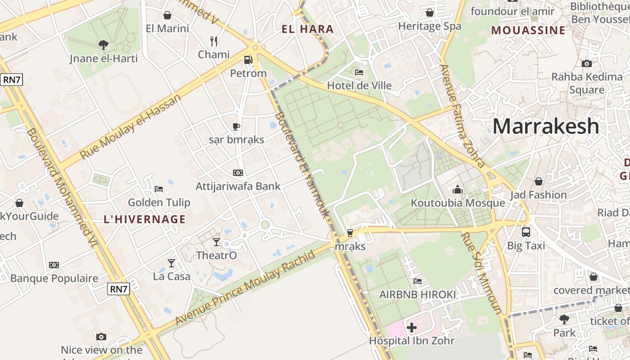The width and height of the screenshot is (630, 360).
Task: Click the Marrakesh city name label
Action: click(545, 126)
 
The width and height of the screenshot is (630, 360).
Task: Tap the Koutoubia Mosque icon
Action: click(458, 189)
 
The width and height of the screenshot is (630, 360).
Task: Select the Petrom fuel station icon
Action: click(248, 59)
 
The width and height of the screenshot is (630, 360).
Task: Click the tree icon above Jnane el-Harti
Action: click(103, 45)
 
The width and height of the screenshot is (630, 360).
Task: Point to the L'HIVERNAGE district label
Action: click(144, 220)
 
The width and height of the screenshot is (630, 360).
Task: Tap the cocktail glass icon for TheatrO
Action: click(216, 242)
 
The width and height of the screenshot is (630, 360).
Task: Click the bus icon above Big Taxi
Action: click(526, 232)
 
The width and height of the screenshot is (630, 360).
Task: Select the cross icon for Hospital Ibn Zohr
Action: click(412, 328)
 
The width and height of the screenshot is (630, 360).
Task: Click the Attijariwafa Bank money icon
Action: click(238, 173)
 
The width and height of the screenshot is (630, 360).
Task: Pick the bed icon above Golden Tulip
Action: click(158, 189)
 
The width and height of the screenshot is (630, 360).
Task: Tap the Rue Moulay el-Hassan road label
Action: click(130, 126)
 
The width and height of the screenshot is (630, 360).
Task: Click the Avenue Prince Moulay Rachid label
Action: click(245, 288)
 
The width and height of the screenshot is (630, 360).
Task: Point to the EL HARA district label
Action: click(308, 30)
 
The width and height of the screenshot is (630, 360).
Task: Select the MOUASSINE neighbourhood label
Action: click(528, 31)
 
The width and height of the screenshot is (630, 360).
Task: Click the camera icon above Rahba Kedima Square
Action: click(586, 63)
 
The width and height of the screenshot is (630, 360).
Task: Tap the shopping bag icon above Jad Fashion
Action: click(538, 181)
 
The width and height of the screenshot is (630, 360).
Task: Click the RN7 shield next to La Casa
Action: click(118, 289)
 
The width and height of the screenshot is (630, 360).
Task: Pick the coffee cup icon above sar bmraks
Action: click(236, 126)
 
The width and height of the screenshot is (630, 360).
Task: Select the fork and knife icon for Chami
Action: click(214, 41)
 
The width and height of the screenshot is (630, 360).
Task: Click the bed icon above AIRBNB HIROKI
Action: click(418, 281)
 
